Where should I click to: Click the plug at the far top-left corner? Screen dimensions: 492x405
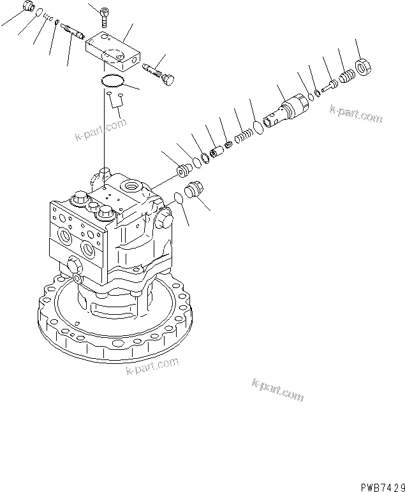(x=27, y=7)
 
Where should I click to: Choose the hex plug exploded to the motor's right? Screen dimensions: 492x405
(x=194, y=191)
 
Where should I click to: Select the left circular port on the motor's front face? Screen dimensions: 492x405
(x=66, y=239)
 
